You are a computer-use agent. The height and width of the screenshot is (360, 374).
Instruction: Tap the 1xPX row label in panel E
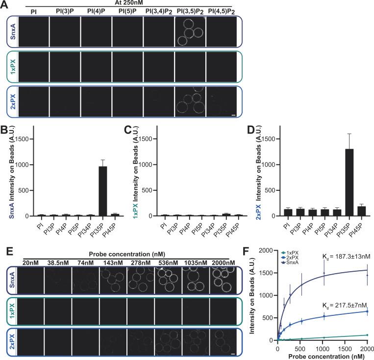pyautogui.click(x=10, y=310)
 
